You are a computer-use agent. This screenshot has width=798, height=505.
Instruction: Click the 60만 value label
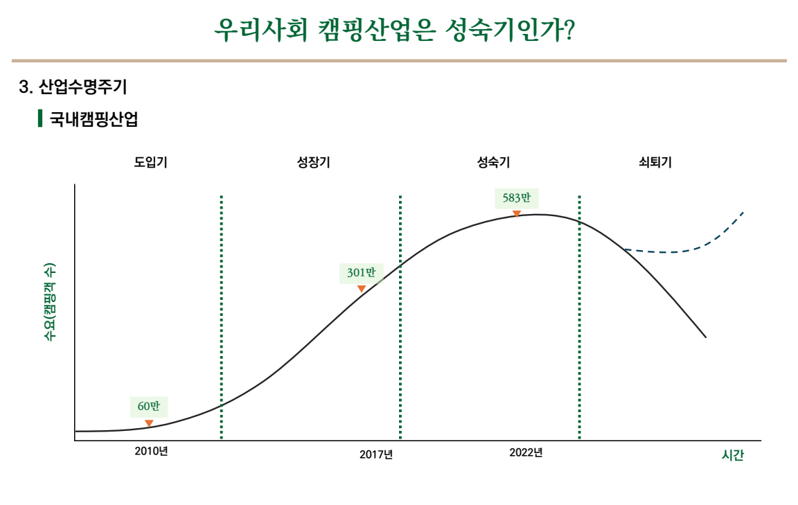tap(149, 406)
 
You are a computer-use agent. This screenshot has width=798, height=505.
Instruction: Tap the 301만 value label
tap(362, 273)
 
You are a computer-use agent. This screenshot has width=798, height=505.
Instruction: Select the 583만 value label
tap(517, 198)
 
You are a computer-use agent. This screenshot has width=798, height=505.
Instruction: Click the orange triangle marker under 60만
tap(149, 423)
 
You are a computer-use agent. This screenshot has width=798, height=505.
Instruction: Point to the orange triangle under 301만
tap(362, 289)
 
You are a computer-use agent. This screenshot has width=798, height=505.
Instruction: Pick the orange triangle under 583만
tap(517, 214)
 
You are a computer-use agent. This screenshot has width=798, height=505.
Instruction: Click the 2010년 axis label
tap(151, 452)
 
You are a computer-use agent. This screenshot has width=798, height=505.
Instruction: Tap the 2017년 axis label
tap(376, 454)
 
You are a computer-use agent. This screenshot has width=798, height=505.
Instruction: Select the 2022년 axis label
tap(526, 452)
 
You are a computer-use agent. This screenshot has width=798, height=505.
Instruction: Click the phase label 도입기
tap(150, 162)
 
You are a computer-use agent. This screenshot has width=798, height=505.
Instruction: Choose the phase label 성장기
tap(314, 162)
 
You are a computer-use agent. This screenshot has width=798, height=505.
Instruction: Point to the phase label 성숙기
tap(493, 162)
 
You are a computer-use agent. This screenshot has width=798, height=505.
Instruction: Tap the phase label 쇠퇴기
tap(655, 162)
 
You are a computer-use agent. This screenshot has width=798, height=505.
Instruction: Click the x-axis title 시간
tap(733, 455)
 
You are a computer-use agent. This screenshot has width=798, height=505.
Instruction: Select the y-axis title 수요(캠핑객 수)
tap(50, 302)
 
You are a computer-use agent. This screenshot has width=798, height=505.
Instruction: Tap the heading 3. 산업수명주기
tap(73, 87)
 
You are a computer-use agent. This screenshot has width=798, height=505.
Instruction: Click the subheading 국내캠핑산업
tap(94, 119)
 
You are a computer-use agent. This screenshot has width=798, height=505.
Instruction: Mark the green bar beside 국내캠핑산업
tap(40, 118)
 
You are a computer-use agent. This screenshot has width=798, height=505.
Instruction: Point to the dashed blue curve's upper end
tap(744, 211)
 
